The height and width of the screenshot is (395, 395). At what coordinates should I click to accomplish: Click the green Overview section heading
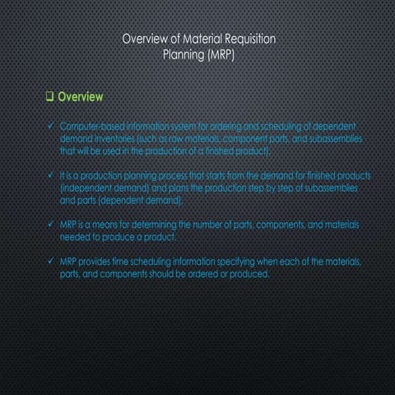click(80, 96)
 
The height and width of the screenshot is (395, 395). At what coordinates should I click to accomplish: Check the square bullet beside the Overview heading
click(50, 96)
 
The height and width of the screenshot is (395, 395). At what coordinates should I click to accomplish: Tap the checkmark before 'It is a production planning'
click(51, 175)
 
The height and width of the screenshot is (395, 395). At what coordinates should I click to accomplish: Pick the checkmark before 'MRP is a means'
click(51, 225)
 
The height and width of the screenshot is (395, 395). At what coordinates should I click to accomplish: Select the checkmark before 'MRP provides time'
click(51, 261)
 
